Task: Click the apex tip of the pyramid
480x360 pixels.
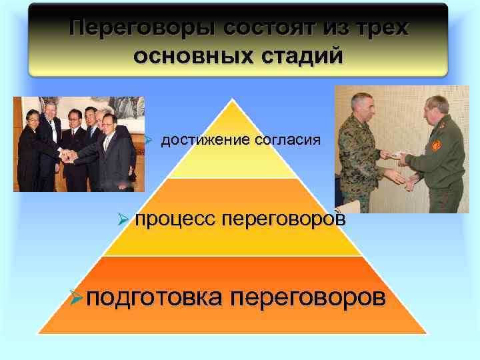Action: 232,100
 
